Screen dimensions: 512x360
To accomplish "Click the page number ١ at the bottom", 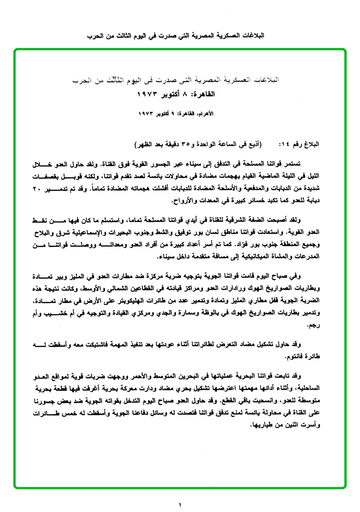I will (x=180, y=504).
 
